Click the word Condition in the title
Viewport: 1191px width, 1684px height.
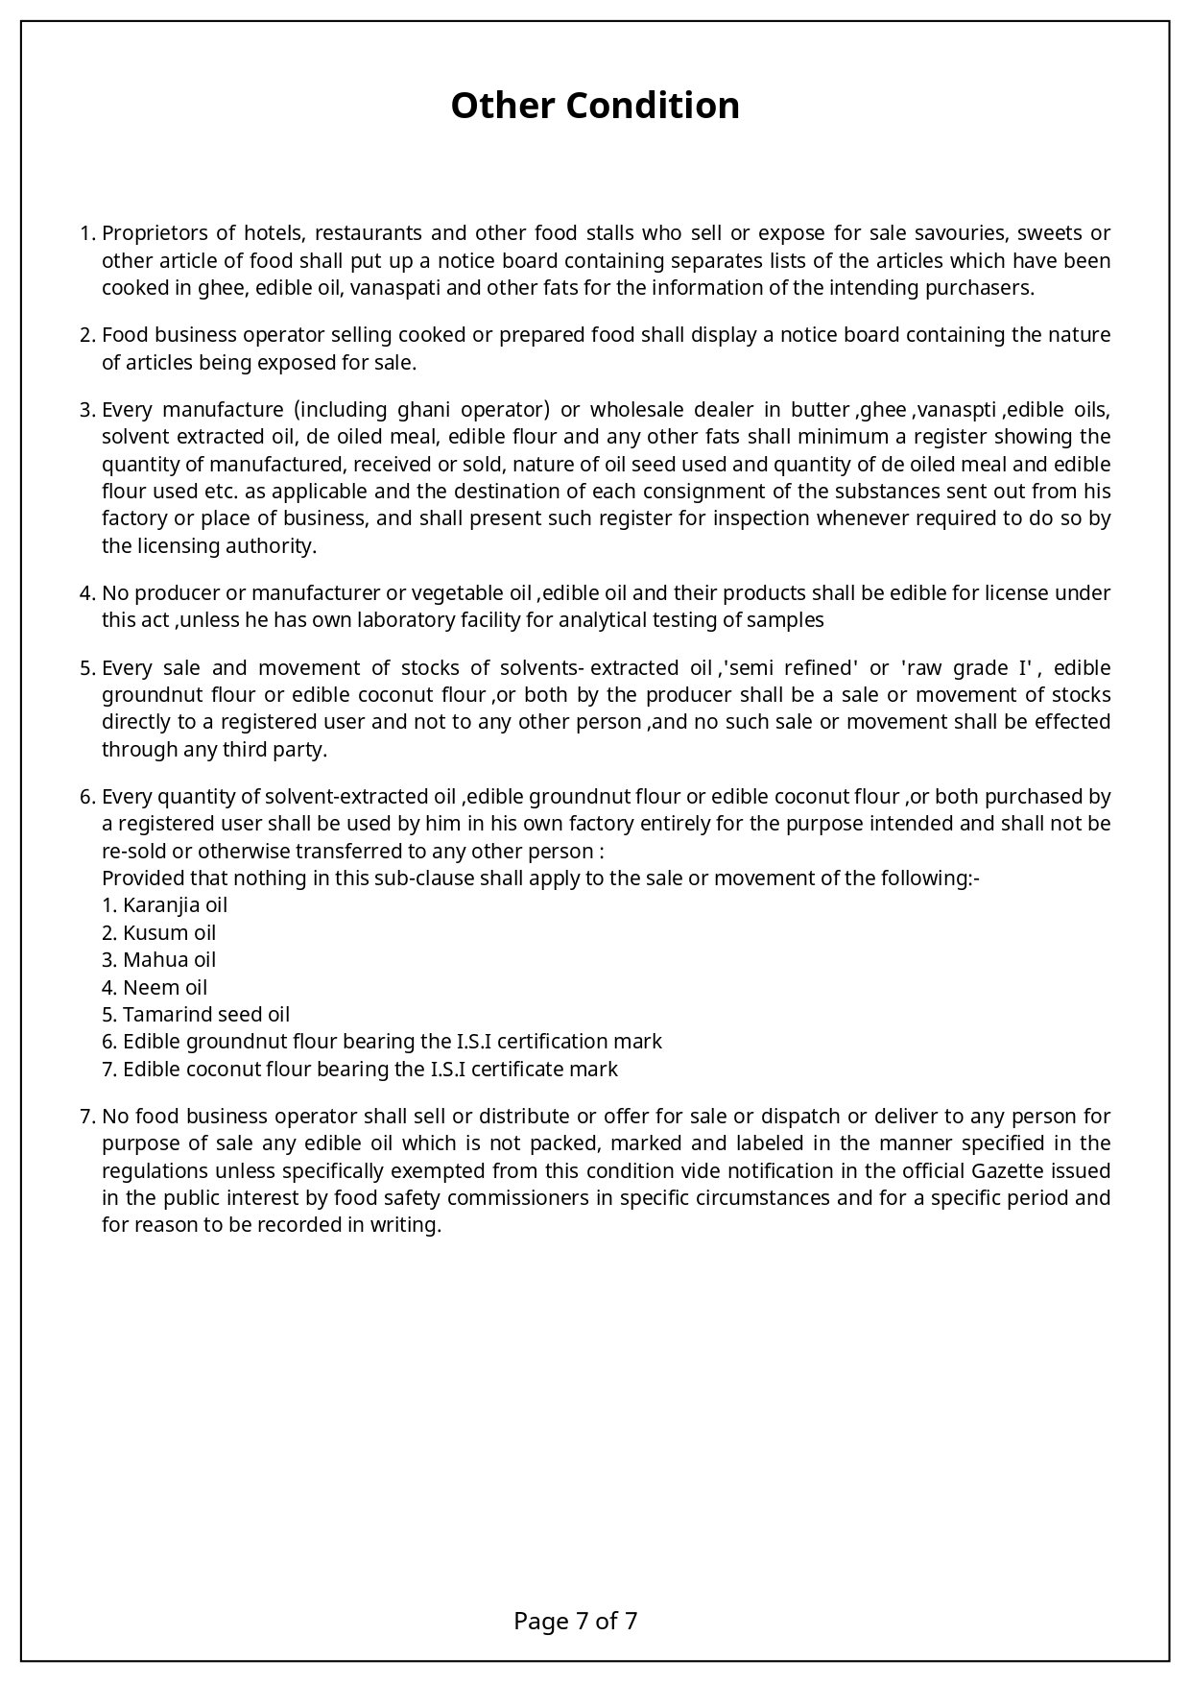pos(653,106)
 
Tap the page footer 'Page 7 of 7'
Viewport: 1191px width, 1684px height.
pos(576,1622)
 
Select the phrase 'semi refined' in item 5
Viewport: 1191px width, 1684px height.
pos(793,668)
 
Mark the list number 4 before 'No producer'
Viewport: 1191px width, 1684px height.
pos(85,593)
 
